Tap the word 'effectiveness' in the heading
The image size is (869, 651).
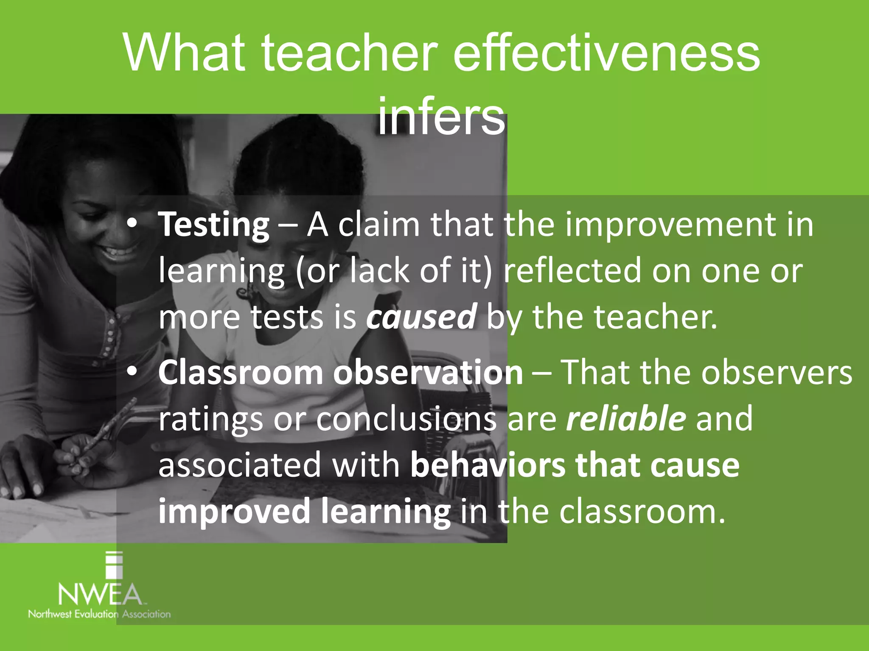[606, 53]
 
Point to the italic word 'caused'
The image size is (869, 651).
[421, 317]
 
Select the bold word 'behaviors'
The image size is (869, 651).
[488, 465]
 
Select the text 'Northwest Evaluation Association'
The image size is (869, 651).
[99, 614]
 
